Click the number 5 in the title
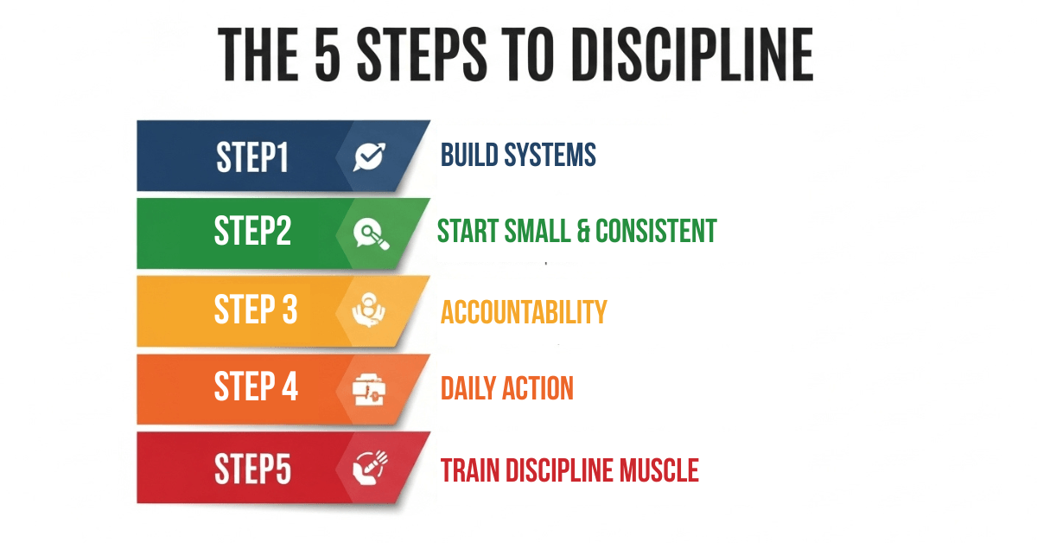328,54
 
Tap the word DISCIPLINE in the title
692,54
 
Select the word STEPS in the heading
422,54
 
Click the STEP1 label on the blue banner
252,157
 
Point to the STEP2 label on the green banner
252,230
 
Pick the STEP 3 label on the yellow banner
256,309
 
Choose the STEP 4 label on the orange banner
256,386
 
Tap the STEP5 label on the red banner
252,469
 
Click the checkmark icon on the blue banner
370,157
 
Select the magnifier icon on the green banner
372,234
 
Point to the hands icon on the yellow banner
368,310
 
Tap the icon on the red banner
371,468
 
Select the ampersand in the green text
582,231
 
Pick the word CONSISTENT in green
656,231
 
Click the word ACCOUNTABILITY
524,312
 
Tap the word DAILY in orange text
468,388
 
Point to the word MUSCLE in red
659,470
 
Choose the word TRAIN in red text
470,470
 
